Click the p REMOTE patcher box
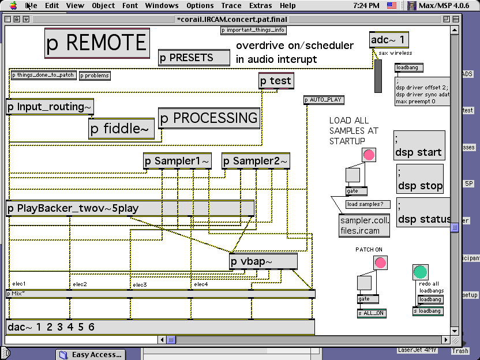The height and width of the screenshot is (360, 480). (x=97, y=43)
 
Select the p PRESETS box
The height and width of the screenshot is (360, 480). (x=193, y=58)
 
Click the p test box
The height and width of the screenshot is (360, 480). (x=276, y=81)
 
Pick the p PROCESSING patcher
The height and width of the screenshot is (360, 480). (x=209, y=118)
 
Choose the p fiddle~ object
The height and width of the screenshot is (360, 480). (x=122, y=129)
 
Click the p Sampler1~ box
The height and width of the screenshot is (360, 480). (x=177, y=161)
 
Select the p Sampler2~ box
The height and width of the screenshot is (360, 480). (x=255, y=161)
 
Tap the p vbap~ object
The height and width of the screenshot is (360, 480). (x=263, y=261)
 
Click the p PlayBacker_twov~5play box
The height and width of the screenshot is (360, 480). (x=130, y=208)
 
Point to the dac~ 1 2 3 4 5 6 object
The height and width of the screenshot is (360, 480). (x=160, y=327)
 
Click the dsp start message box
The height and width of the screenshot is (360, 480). (x=419, y=145)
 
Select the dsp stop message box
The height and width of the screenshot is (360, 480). (x=420, y=179)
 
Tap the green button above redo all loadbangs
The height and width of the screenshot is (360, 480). (x=421, y=272)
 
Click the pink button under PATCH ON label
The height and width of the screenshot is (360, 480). (x=380, y=263)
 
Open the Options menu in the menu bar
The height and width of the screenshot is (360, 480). (x=200, y=6)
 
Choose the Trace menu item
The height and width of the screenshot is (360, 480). (x=231, y=6)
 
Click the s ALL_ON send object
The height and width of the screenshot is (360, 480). (x=372, y=313)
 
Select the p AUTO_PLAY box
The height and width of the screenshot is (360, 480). (x=324, y=100)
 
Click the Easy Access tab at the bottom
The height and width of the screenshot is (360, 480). (x=91, y=354)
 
